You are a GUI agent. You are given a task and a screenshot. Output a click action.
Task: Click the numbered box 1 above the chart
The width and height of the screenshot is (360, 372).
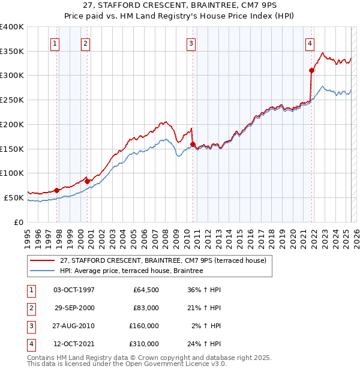55,43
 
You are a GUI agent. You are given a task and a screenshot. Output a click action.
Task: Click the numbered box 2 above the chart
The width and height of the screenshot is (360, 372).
86,43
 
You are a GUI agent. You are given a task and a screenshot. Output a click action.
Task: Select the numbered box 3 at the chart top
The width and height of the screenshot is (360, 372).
191,43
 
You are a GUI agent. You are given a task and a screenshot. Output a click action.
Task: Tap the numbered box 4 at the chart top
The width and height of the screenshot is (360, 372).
310,43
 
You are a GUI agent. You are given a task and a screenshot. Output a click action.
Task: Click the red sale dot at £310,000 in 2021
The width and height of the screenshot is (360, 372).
312,70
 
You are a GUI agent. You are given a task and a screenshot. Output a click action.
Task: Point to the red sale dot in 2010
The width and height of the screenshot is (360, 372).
193,144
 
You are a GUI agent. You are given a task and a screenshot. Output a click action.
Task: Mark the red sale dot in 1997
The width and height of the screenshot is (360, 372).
57,190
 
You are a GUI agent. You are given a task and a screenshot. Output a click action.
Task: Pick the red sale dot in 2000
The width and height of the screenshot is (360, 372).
88,181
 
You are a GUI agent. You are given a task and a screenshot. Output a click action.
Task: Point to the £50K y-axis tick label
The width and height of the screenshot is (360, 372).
14,197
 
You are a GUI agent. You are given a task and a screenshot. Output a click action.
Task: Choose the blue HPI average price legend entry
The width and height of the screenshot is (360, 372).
131,271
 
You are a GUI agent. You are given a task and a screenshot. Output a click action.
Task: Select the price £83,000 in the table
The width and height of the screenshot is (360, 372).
144,308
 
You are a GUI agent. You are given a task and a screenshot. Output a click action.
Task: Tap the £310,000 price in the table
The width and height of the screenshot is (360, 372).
144,344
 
